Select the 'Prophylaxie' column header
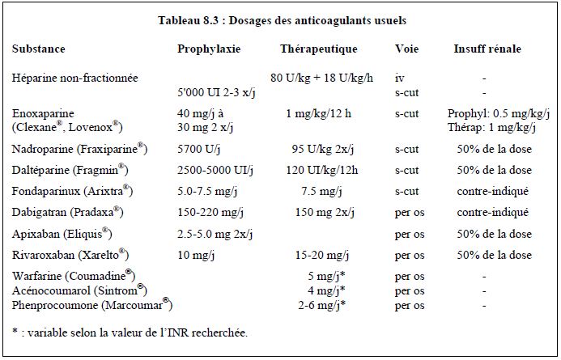pyautogui.click(x=209, y=49)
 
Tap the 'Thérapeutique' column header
pyautogui.click(x=318, y=49)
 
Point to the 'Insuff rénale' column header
pyautogui.click(x=487, y=49)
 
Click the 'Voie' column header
pyautogui.click(x=406, y=49)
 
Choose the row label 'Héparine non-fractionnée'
pyautogui.click(x=75, y=78)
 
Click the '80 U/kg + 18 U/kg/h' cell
pyautogui.click(x=321, y=78)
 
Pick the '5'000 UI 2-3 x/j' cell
pyautogui.click(x=216, y=93)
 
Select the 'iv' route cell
pyautogui.click(x=399, y=78)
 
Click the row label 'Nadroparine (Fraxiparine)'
pyautogui.click(x=79, y=149)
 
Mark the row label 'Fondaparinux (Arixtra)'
pyautogui.click(x=72, y=192)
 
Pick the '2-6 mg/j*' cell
pyautogui.click(x=321, y=306)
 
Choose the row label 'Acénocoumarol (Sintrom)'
pyautogui.click(x=79, y=291)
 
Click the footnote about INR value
pyautogui.click(x=130, y=332)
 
